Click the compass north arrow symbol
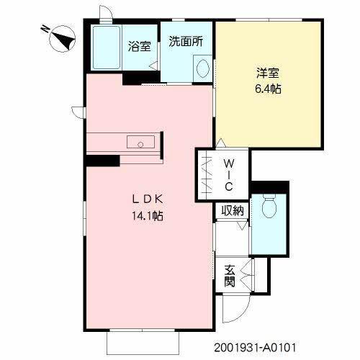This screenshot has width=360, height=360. [x=60, y=36]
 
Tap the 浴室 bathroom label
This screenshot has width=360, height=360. [x=140, y=47]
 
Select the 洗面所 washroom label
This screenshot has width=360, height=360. [x=186, y=42]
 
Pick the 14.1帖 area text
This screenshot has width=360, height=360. [x=148, y=215]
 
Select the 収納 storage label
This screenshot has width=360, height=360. [x=232, y=210]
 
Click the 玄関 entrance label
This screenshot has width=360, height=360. [x=230, y=276]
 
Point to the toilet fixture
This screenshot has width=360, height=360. [x=269, y=209]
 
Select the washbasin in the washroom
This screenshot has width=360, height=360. [x=202, y=69]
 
